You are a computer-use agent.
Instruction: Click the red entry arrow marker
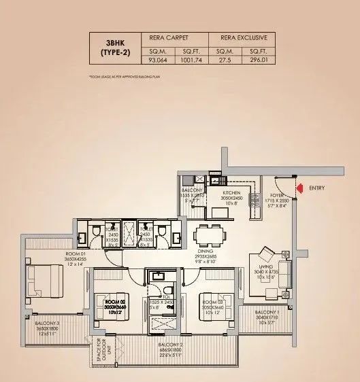(297, 188)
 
